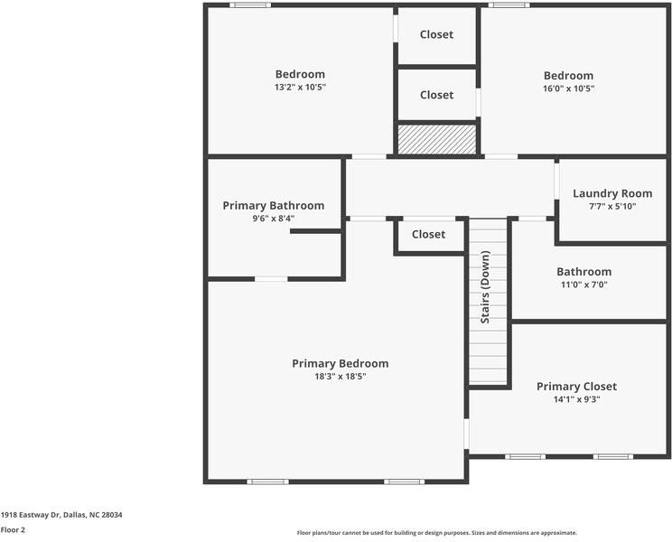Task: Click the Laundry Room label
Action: tap(612, 193)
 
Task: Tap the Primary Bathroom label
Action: tap(273, 206)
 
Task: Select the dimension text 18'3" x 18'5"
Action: tap(341, 377)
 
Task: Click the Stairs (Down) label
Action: tap(486, 287)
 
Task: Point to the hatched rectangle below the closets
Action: tap(437, 140)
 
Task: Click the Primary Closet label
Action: tap(576, 387)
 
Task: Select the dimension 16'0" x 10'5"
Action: tap(568, 89)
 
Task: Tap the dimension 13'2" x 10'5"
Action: tap(300, 88)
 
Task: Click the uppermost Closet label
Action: tap(437, 34)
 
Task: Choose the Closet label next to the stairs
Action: tap(428, 234)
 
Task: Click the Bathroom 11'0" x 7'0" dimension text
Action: tap(583, 285)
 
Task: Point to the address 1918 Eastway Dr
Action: tap(61, 515)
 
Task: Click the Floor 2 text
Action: tap(13, 530)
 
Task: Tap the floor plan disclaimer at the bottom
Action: tap(437, 533)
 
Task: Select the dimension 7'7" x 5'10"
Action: tap(612, 206)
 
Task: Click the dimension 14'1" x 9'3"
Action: tap(576, 399)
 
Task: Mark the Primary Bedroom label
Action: tap(341, 363)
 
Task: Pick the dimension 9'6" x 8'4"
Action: tap(273, 219)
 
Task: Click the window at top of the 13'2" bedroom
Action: tap(250, 5)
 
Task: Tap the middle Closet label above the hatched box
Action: tap(437, 95)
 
